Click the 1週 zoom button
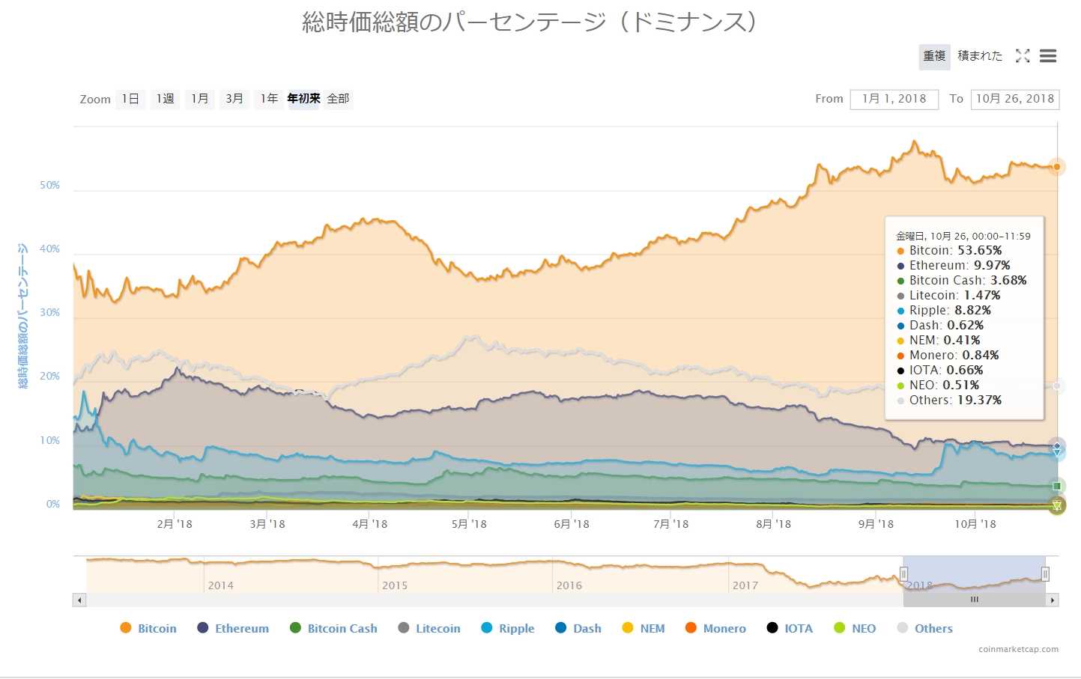pos(165,99)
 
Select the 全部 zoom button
pos(338,99)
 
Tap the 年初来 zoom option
pos(303,99)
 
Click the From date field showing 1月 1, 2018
pos(894,99)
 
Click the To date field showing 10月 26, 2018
pos(1014,99)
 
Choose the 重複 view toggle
pos(934,56)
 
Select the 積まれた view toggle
pos(979,56)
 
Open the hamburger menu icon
pos(1048,56)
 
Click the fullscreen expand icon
pos(1023,56)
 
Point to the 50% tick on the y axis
pos(49,185)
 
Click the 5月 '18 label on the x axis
pos(469,524)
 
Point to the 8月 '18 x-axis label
pos(773,524)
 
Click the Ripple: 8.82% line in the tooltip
pos(950,311)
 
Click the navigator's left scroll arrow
pos(79,600)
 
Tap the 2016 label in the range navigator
pos(569,585)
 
